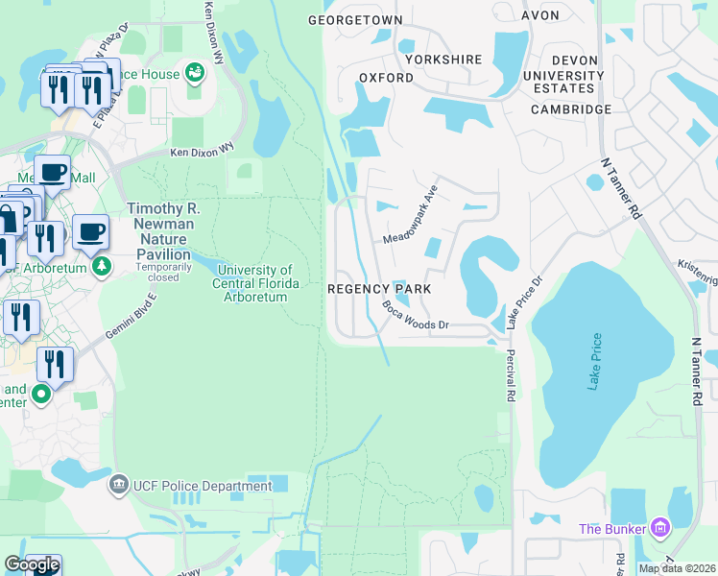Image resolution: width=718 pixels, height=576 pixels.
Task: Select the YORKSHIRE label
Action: click(x=443, y=60)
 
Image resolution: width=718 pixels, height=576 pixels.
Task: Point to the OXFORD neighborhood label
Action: click(x=386, y=77)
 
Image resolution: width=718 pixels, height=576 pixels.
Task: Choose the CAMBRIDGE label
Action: click(x=572, y=109)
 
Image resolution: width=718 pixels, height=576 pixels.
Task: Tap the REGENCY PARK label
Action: click(x=379, y=288)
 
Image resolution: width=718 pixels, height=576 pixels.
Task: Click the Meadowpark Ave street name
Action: click(x=411, y=213)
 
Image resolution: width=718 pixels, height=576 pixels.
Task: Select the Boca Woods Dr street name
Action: click(x=416, y=316)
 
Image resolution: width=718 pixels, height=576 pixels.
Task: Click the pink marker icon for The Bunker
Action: click(x=658, y=527)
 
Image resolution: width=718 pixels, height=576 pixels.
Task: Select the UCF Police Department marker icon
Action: click(x=119, y=484)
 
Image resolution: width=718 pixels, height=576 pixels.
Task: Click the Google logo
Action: click(x=32, y=564)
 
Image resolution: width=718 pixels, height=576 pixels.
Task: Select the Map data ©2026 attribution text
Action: click(x=676, y=568)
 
